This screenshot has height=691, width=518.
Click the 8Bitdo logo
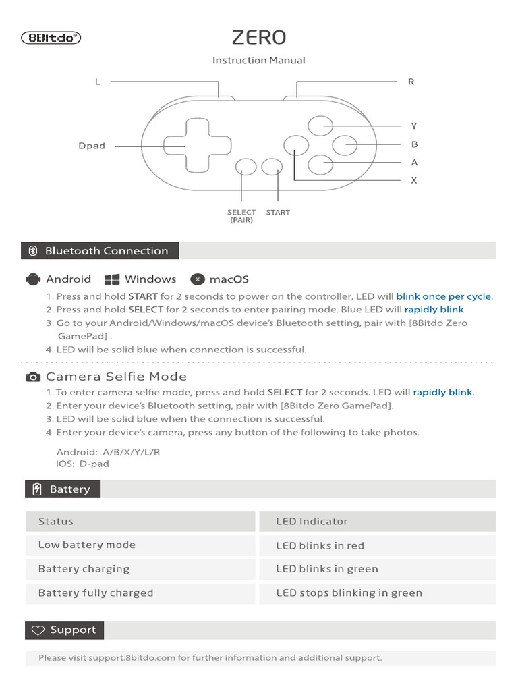[x=51, y=38]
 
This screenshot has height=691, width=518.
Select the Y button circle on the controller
[x=320, y=126]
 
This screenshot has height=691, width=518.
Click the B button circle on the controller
[x=345, y=144]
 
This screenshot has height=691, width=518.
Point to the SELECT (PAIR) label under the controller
[x=241, y=216]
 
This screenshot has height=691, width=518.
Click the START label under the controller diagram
[x=278, y=213]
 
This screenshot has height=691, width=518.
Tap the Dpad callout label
[x=92, y=146]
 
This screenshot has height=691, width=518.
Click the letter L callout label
[x=98, y=82]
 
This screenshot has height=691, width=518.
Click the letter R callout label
[x=411, y=82]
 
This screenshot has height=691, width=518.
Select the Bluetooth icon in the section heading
[x=33, y=251]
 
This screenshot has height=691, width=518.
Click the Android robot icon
[x=33, y=279]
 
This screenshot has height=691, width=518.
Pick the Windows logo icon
[x=112, y=279]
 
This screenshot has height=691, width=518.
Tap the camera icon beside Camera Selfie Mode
[x=33, y=377]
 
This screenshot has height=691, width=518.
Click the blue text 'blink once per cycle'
[x=444, y=296]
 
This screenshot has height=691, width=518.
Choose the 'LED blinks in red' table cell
[x=320, y=545]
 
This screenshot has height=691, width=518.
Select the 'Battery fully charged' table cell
[x=96, y=593]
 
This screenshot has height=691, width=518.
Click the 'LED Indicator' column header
[x=312, y=521]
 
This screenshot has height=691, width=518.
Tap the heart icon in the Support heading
[x=38, y=630]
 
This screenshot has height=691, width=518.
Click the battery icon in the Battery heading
[x=37, y=489]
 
